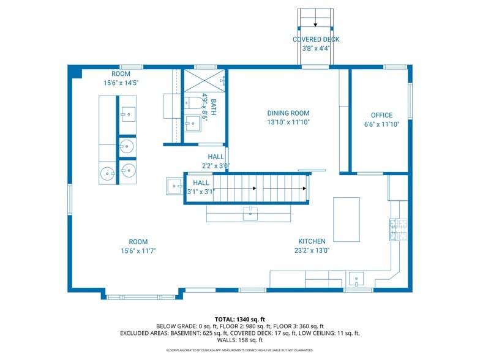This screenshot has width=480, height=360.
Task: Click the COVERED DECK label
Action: (315, 40)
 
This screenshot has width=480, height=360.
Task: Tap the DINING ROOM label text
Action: (288, 113)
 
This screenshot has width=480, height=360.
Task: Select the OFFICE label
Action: (381, 115)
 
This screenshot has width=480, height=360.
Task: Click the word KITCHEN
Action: (312, 241)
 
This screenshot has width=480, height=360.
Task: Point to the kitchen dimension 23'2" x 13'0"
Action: (312, 250)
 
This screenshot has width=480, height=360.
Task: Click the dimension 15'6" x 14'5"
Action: (121, 83)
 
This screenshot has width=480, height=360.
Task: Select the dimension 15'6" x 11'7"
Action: (138, 251)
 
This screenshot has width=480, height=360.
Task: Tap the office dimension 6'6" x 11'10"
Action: (381, 124)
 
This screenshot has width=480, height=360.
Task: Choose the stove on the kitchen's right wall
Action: (395, 229)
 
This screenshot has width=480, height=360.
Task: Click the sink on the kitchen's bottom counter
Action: (356, 280)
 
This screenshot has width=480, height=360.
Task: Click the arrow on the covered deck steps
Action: (315, 24)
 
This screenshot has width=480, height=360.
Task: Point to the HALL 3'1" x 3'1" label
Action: (201, 187)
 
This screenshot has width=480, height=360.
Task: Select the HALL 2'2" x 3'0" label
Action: (216, 161)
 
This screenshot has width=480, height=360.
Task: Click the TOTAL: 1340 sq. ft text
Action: (239, 319)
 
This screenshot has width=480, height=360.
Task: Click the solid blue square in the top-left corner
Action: (75, 72)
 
